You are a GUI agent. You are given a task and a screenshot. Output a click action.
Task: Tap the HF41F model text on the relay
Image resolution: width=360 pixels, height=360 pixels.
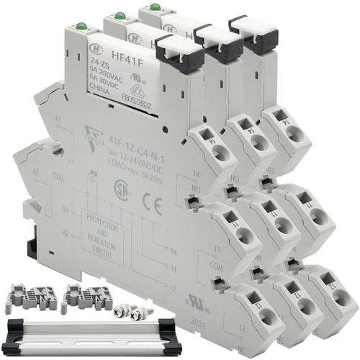[123, 53]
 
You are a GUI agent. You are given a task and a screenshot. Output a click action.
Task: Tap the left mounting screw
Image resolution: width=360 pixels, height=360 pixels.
[120, 310]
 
